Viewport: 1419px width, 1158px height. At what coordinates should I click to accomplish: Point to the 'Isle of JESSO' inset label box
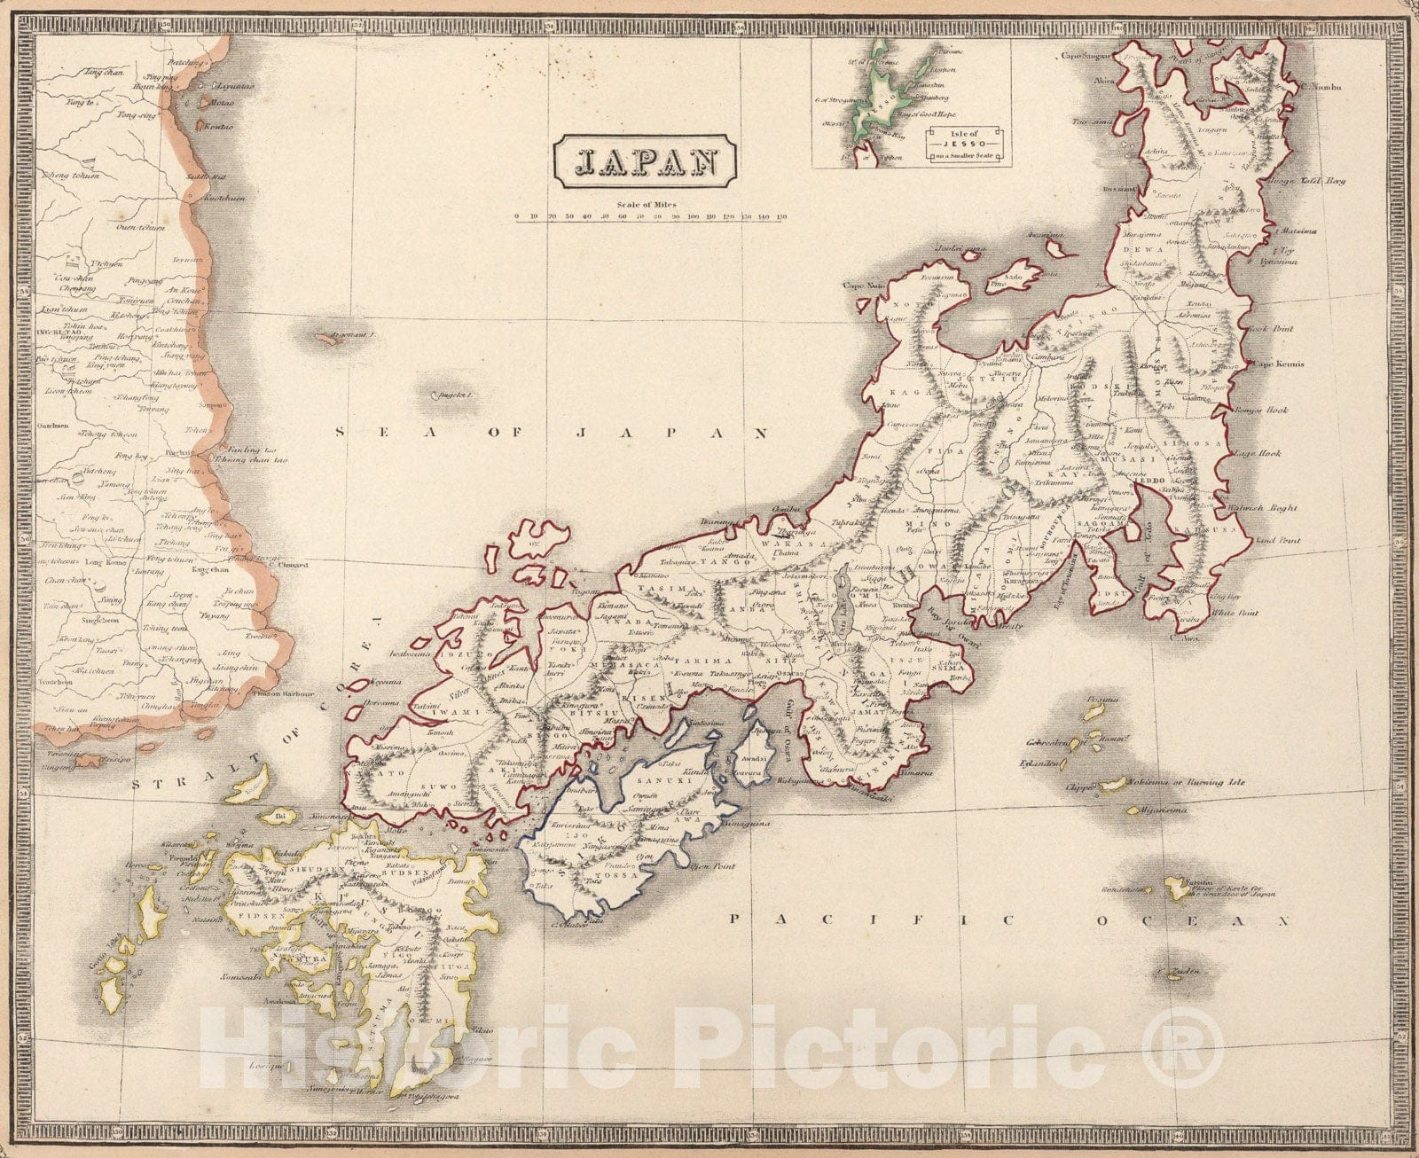[x=966, y=142]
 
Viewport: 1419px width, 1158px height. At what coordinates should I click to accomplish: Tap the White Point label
[x=1238, y=613]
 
